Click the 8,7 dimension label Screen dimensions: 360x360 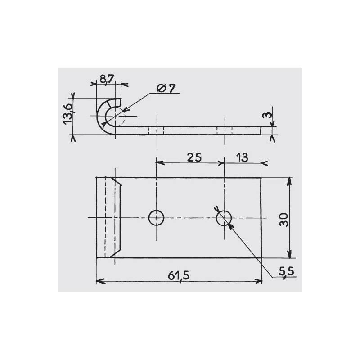point(107,80)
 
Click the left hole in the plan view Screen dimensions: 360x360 point(156,218)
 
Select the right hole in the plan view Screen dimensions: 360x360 point(224,218)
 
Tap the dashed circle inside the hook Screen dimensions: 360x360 point(116,116)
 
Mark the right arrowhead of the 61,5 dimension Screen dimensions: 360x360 point(258,281)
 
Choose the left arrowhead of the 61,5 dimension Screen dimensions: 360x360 point(100,281)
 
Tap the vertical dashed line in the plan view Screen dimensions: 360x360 point(105,218)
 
